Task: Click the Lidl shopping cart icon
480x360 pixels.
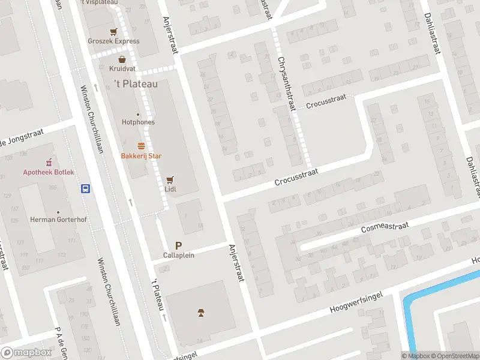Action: (x=170, y=179)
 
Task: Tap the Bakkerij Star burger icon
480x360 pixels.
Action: (x=141, y=146)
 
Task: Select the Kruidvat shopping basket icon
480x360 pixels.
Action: (x=122, y=59)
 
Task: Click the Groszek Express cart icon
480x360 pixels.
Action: (x=113, y=32)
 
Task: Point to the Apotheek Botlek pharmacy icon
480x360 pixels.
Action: (x=49, y=163)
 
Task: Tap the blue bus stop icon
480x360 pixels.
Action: (x=86, y=188)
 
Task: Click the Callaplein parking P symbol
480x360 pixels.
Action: (x=178, y=245)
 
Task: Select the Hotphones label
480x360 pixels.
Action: (x=138, y=122)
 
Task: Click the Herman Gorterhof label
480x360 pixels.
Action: (x=58, y=220)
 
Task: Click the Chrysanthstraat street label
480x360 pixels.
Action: (x=287, y=83)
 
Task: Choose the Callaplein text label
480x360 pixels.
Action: (x=178, y=255)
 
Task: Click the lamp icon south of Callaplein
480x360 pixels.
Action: (x=201, y=312)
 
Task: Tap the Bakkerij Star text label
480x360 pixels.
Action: (x=141, y=156)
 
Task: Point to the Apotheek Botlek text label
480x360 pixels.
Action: (x=49, y=172)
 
